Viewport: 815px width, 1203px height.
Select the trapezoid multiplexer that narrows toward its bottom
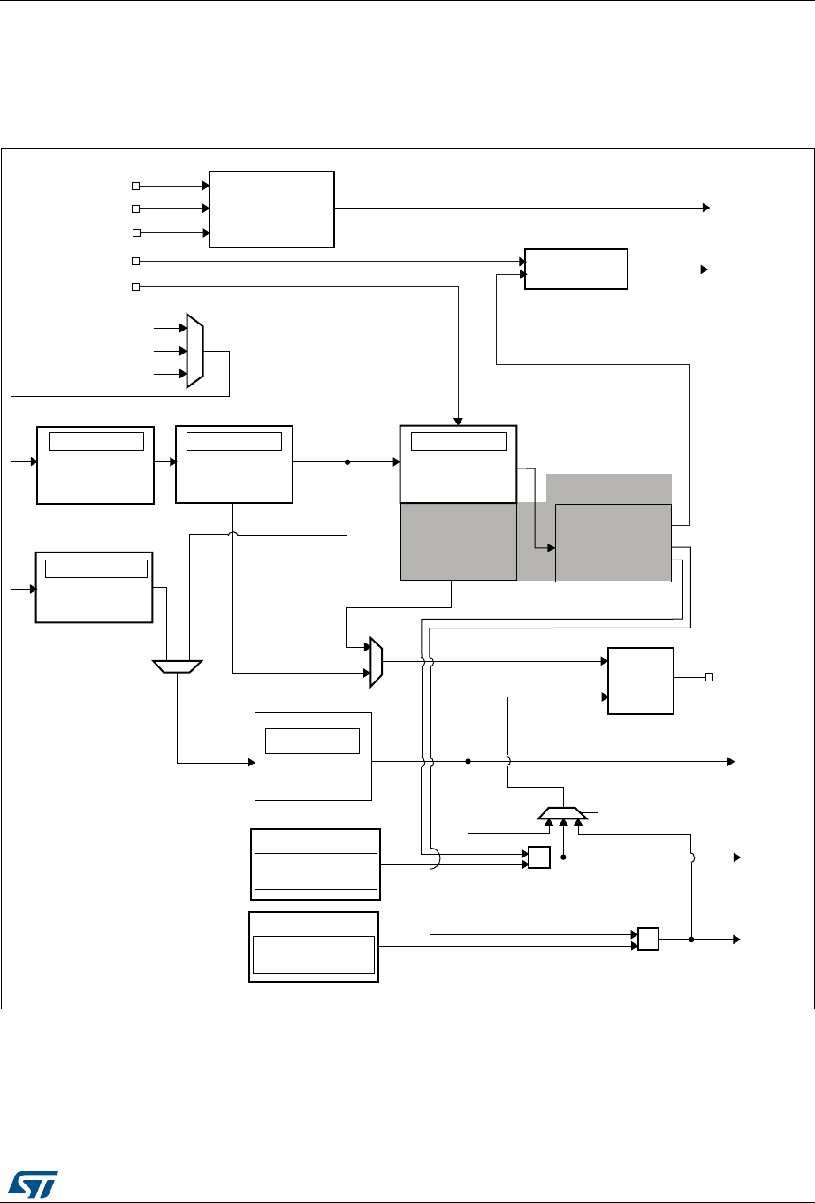(x=178, y=666)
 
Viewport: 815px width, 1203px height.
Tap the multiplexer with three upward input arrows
(x=562, y=812)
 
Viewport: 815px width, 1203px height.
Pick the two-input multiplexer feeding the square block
(x=376, y=661)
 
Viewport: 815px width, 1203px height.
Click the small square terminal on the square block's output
(x=709, y=678)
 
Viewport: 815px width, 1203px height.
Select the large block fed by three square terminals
(x=271, y=209)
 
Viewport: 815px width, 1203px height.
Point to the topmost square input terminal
(x=135, y=186)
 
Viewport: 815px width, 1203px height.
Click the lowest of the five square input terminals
(x=135, y=287)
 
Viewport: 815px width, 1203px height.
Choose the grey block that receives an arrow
(x=613, y=542)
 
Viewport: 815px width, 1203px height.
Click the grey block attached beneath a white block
(x=458, y=542)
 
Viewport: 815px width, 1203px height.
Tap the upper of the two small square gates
(x=538, y=857)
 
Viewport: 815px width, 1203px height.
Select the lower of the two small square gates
(x=648, y=939)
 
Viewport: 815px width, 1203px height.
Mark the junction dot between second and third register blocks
(x=347, y=461)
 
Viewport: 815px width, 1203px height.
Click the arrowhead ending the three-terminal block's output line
(x=706, y=208)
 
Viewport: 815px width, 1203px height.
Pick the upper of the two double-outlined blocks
(x=316, y=864)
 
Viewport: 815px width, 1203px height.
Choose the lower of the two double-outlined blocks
(x=314, y=947)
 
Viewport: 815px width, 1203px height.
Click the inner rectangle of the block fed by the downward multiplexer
(x=312, y=741)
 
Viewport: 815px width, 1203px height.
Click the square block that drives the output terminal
(x=641, y=681)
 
